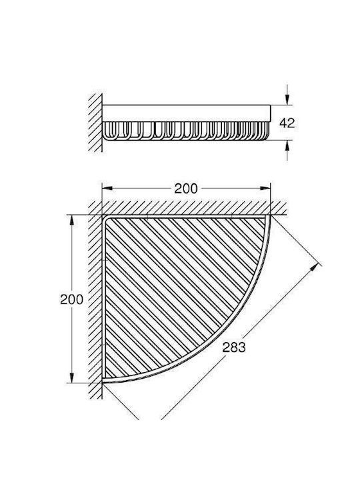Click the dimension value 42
[x=287, y=123]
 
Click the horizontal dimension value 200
[x=186, y=189]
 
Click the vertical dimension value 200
[x=71, y=299]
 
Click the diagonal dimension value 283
[x=234, y=347]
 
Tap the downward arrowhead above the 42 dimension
[x=287, y=99]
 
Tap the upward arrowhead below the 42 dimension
[x=287, y=146]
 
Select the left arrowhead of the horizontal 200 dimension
[x=107, y=189]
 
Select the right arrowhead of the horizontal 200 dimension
[x=265, y=189]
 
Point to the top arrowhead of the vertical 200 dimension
[x=71, y=221]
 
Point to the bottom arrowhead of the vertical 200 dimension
[x=71, y=377]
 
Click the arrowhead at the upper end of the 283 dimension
[x=313, y=268]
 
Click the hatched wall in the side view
[x=95, y=123]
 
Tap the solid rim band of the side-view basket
[x=187, y=113]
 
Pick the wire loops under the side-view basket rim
[x=187, y=131]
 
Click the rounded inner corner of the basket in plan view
[x=106, y=219]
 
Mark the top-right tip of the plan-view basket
[x=270, y=216]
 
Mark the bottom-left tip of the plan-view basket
[x=103, y=382]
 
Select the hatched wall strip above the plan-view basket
[x=187, y=207]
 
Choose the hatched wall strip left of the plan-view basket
[x=95, y=300]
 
